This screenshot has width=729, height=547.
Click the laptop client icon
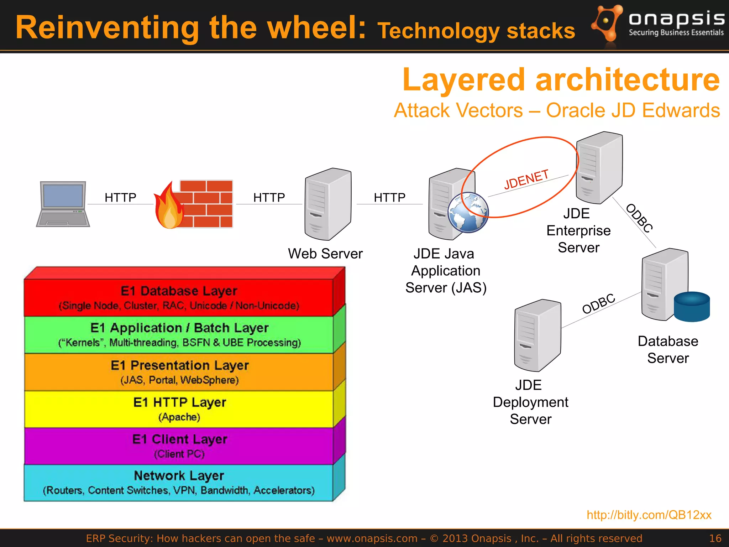63,204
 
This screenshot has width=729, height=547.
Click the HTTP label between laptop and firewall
120,197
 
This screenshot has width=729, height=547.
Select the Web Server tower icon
327,204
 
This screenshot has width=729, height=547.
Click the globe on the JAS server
468,213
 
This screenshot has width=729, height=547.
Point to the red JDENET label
526,179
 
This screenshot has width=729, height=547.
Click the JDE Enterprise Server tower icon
599,168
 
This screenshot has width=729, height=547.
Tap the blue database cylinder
692,307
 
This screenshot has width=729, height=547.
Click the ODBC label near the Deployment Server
599,304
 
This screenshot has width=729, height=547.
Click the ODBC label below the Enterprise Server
639,218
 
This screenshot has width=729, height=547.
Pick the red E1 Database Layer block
179,298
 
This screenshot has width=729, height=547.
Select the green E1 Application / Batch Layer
179,335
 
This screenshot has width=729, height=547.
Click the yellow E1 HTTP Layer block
179,409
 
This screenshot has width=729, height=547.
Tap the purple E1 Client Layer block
179,446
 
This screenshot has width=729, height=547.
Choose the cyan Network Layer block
179,483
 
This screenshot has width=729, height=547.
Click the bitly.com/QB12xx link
649,515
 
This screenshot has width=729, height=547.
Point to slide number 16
715,538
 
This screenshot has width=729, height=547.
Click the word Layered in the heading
463,80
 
